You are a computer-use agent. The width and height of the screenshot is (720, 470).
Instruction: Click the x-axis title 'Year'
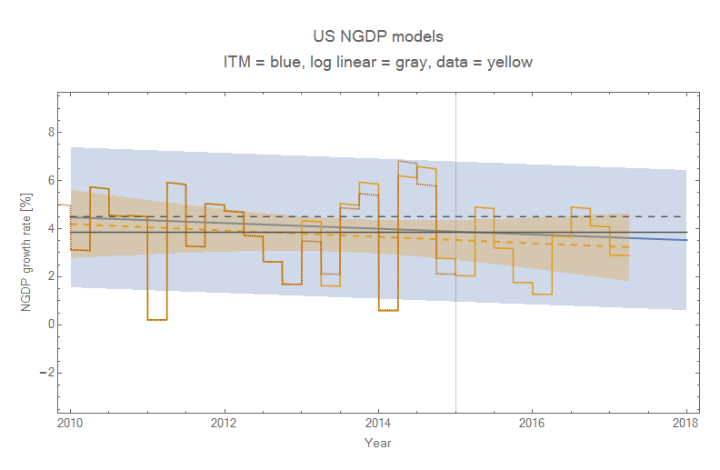click(377, 443)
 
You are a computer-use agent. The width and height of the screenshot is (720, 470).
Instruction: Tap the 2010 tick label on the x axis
click(70, 423)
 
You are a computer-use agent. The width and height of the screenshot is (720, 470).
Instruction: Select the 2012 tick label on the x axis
click(224, 423)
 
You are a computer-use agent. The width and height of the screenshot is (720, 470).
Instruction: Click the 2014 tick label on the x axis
click(378, 423)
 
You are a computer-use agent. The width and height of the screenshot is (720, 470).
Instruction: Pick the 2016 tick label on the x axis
click(532, 423)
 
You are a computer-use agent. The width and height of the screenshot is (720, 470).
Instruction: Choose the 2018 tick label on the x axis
click(685, 423)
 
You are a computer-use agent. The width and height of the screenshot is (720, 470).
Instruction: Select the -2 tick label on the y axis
click(47, 373)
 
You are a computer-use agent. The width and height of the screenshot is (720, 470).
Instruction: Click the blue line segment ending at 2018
click(668, 238)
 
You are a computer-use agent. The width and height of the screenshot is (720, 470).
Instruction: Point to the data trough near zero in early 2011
click(156, 320)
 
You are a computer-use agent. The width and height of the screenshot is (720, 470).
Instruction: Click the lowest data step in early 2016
click(542, 294)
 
